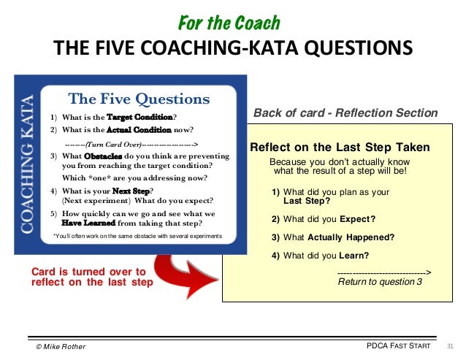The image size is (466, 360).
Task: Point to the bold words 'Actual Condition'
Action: pos(134,129)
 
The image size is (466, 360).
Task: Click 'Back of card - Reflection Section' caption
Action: pos(345,113)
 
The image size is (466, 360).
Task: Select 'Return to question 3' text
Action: pos(380,282)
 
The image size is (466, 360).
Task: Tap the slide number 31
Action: pos(449,345)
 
